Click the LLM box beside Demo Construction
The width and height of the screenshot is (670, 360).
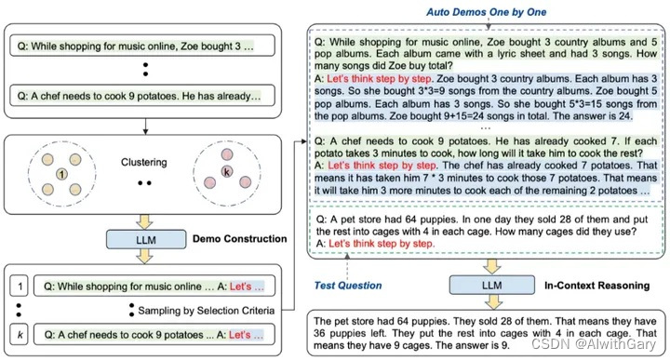[x=146, y=240]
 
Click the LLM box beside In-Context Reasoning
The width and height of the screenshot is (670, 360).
[x=492, y=285]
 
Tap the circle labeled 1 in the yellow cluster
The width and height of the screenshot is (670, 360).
[x=62, y=174]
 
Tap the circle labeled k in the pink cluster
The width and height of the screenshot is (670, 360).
[x=227, y=172]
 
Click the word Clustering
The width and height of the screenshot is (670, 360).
[x=144, y=162]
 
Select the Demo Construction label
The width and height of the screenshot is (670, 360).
[x=240, y=239]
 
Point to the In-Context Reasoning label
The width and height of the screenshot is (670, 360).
[x=596, y=286]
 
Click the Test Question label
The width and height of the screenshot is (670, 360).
[x=348, y=286]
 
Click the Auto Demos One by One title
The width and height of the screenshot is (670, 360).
[x=487, y=12]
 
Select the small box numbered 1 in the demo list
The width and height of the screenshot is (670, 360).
[x=20, y=287]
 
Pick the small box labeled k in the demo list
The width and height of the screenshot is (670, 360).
[x=20, y=334]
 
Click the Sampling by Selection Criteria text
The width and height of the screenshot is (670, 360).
[x=206, y=311]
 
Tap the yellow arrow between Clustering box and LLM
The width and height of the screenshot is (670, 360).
[x=145, y=221]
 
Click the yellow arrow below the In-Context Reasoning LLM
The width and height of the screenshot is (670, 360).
[x=493, y=302]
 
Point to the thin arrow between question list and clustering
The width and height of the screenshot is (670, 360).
[x=145, y=126]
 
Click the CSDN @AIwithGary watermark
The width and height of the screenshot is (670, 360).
[x=593, y=344]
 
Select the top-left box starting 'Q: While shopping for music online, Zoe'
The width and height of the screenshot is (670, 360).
[x=142, y=46]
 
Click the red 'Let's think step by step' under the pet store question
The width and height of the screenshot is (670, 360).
[x=382, y=244]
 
